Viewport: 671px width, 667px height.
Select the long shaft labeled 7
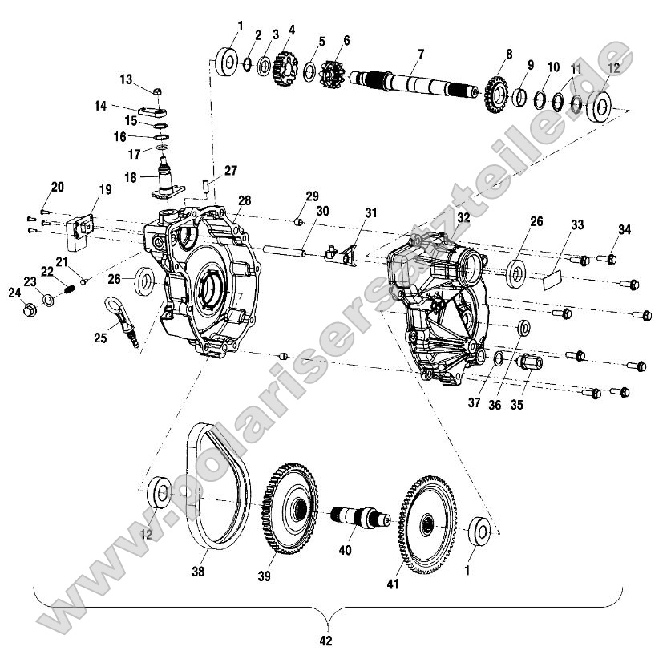tap(417, 83)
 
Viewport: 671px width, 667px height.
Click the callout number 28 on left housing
tap(244, 200)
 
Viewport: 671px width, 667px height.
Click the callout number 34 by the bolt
tap(624, 230)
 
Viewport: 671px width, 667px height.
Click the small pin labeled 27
tap(205, 187)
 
